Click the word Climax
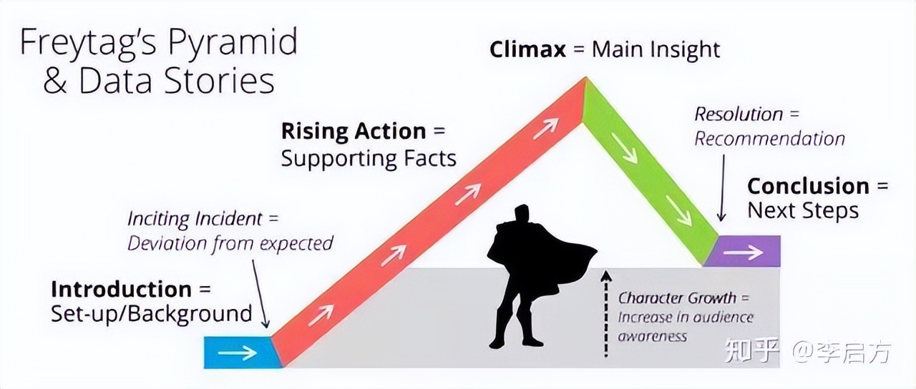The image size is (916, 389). pyautogui.click(x=527, y=50)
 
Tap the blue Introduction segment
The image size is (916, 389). pyautogui.click(x=243, y=352)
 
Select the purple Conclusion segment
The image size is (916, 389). pyautogui.click(x=743, y=251)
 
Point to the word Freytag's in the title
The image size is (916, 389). pyautogui.click(x=88, y=42)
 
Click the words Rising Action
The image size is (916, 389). pyautogui.click(x=354, y=132)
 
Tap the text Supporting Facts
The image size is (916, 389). pyautogui.click(x=369, y=159)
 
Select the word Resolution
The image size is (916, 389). pyautogui.click(x=739, y=114)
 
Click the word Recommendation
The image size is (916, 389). pyautogui.click(x=769, y=139)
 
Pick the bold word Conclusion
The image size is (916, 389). pyautogui.click(x=809, y=187)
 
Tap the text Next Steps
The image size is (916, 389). pyautogui.click(x=803, y=211)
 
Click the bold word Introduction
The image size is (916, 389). pyautogui.click(x=122, y=290)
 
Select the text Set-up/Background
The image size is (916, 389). pyautogui.click(x=151, y=314)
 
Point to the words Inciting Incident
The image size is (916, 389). pyautogui.click(x=195, y=219)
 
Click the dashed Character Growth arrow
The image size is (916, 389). pyautogui.click(x=606, y=313)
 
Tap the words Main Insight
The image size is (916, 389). pyautogui.click(x=656, y=50)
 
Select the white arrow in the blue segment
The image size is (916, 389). pyautogui.click(x=237, y=353)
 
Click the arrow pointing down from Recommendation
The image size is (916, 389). pyautogui.click(x=722, y=187)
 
